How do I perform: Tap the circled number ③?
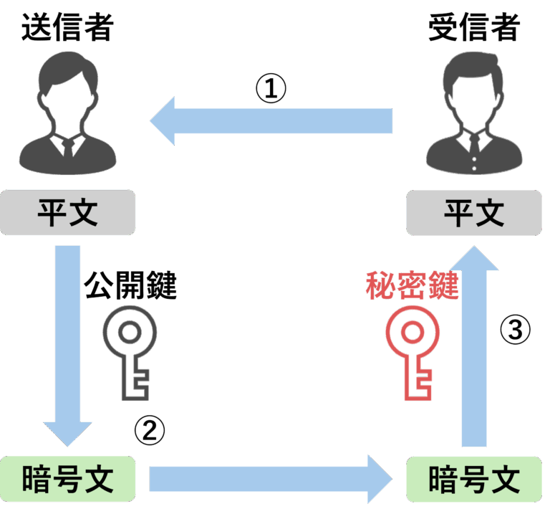[515, 331]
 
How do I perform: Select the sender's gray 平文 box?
[67, 213]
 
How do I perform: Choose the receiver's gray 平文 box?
[474, 213]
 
